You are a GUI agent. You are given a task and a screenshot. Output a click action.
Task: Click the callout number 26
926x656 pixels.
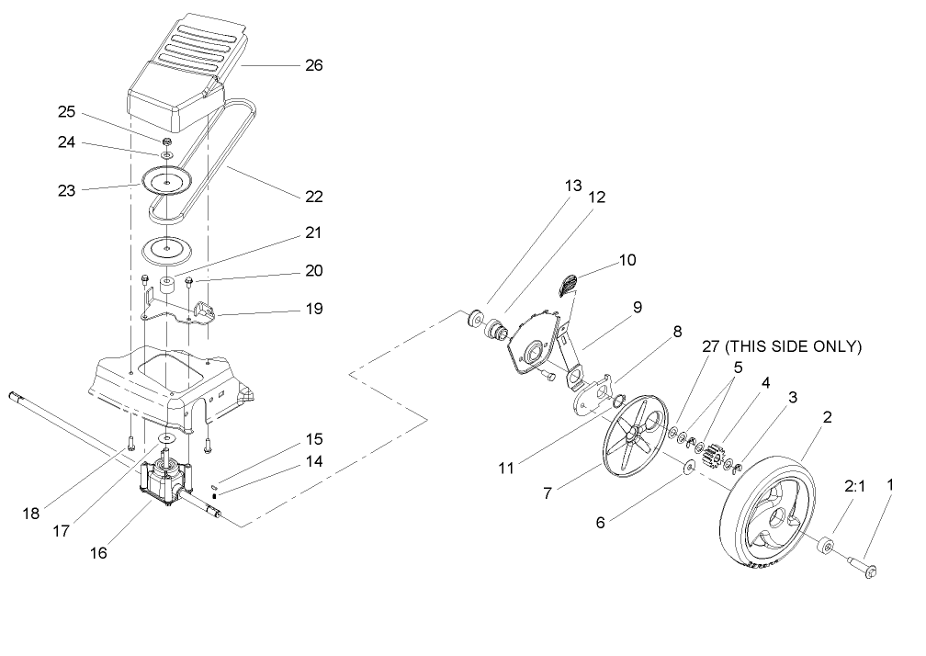[x=313, y=66]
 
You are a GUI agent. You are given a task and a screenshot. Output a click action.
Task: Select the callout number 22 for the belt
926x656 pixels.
[x=313, y=197]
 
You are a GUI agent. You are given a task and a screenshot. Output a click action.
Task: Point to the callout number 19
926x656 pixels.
[x=313, y=310]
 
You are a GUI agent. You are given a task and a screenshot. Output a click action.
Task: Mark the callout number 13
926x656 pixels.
[x=573, y=186]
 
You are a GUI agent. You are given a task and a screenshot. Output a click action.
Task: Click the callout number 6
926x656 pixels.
[x=601, y=522]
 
